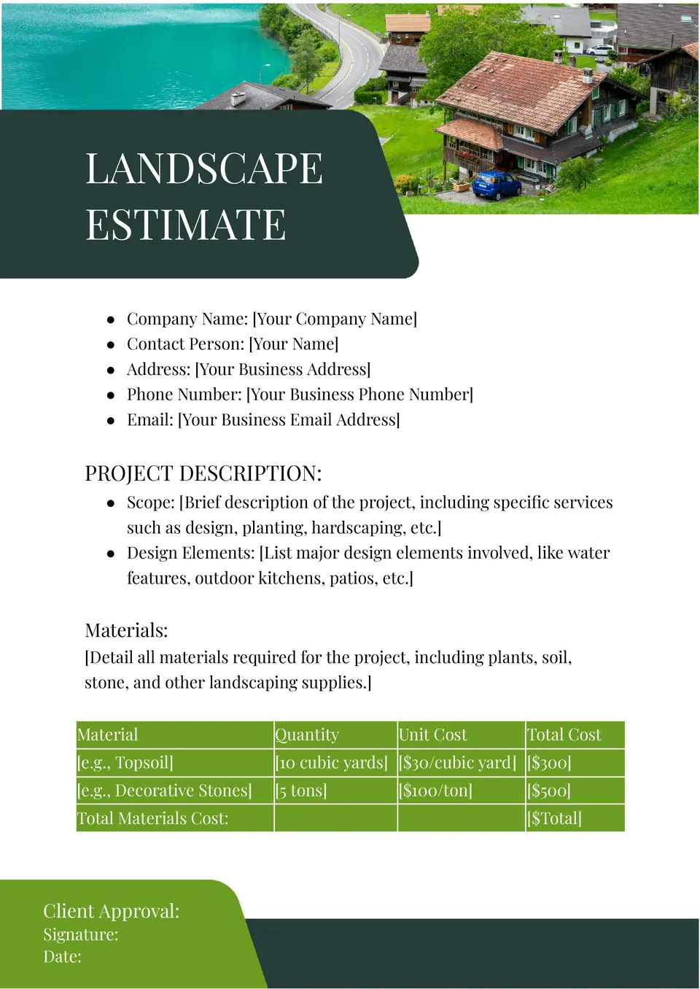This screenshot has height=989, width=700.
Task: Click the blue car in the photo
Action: tap(497, 185)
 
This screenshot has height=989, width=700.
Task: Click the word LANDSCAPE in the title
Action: tap(203, 168)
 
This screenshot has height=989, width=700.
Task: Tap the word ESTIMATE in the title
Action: tap(185, 225)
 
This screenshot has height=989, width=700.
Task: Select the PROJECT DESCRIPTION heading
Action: tap(203, 473)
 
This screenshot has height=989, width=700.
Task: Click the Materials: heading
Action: tap(126, 630)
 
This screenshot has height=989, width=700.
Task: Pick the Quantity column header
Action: tap(307, 734)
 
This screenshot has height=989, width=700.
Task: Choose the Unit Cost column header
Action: tap(432, 734)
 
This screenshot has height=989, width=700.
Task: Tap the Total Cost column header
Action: tap(564, 734)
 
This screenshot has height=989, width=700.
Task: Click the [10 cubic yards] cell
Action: tap(332, 763)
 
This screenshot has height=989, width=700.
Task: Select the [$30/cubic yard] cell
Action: tap(457, 763)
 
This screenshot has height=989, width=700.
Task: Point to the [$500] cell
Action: tap(548, 791)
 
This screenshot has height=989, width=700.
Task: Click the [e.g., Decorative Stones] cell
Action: tap(165, 791)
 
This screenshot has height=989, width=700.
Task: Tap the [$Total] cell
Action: tap(554, 818)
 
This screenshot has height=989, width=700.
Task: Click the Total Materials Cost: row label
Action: tap(153, 818)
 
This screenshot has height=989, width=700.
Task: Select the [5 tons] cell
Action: tap(301, 791)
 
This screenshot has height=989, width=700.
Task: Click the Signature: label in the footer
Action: tap(80, 934)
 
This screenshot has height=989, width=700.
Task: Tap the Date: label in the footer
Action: tap(62, 956)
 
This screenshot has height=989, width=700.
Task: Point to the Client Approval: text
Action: tap(111, 911)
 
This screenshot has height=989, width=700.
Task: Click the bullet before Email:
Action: tap(111, 420)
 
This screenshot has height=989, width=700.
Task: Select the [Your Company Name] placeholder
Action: tap(335, 319)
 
